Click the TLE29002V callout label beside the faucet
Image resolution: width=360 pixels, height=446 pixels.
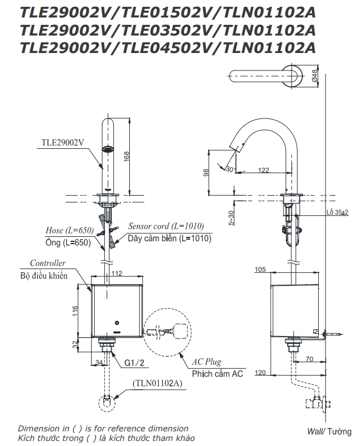pyautogui.click(x=62, y=143)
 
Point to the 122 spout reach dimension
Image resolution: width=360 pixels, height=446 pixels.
pyautogui.click(x=264, y=169)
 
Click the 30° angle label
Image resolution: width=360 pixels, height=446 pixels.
pyautogui.click(x=230, y=169)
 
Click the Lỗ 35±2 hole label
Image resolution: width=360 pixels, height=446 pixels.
pyautogui.click(x=336, y=213)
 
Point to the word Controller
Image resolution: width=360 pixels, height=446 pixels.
pyautogui.click(x=47, y=263)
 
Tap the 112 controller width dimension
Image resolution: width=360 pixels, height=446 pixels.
pyautogui.click(x=117, y=274)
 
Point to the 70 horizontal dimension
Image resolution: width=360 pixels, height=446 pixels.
pyautogui.click(x=309, y=358)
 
